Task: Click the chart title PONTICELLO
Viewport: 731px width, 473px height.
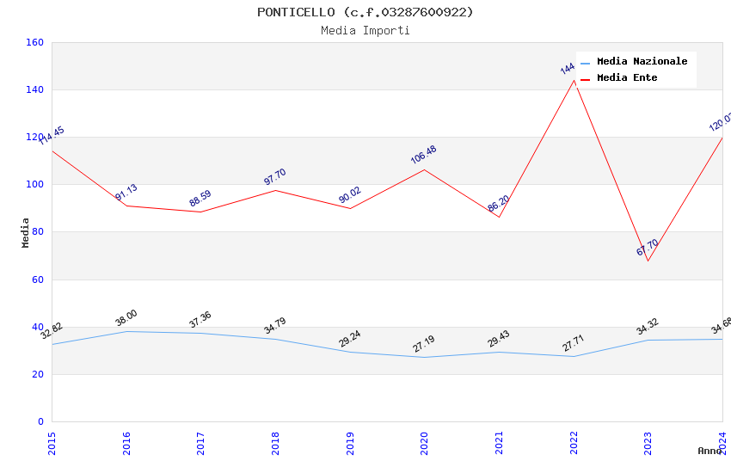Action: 365,12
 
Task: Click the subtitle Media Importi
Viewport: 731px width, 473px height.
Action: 365,31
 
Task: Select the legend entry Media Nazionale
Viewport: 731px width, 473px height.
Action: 642,62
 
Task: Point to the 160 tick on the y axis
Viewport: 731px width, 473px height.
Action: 34,42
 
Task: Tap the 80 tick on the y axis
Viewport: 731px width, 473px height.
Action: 38,232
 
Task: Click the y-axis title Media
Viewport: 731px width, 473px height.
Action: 26,232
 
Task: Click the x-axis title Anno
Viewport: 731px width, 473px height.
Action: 709,451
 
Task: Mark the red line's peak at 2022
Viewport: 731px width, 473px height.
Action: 574,80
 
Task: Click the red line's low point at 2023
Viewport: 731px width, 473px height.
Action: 648,261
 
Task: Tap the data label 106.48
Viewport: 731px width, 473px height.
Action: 423,155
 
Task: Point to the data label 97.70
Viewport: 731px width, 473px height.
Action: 274,177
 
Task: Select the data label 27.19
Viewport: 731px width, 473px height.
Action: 423,344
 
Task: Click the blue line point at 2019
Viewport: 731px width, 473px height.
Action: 350,352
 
